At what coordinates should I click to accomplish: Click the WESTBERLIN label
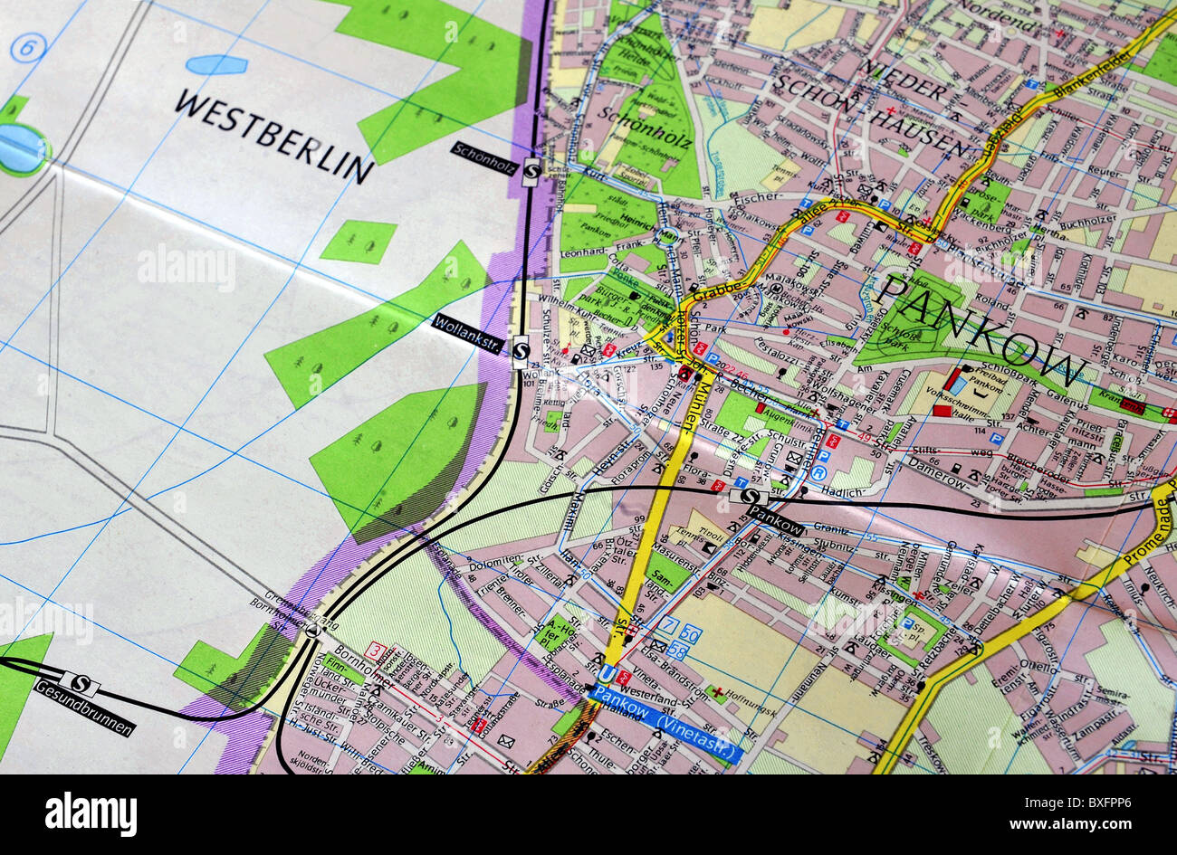tap(273, 135)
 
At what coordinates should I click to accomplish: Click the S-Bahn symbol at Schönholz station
tap(531, 171)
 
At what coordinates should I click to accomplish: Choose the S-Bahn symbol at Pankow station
tap(749, 496)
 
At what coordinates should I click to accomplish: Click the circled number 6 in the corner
tap(28, 47)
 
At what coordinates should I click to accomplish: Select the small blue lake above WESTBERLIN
tap(216, 64)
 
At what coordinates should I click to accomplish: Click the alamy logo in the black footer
tap(91, 813)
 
